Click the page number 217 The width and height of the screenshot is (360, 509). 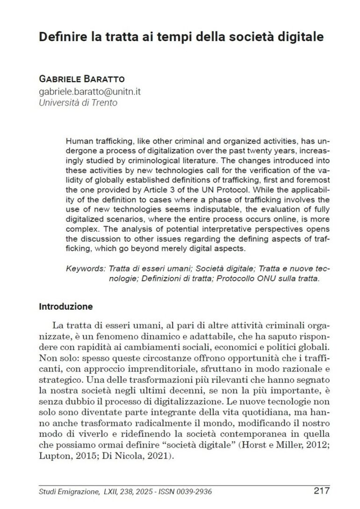click(322, 491)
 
